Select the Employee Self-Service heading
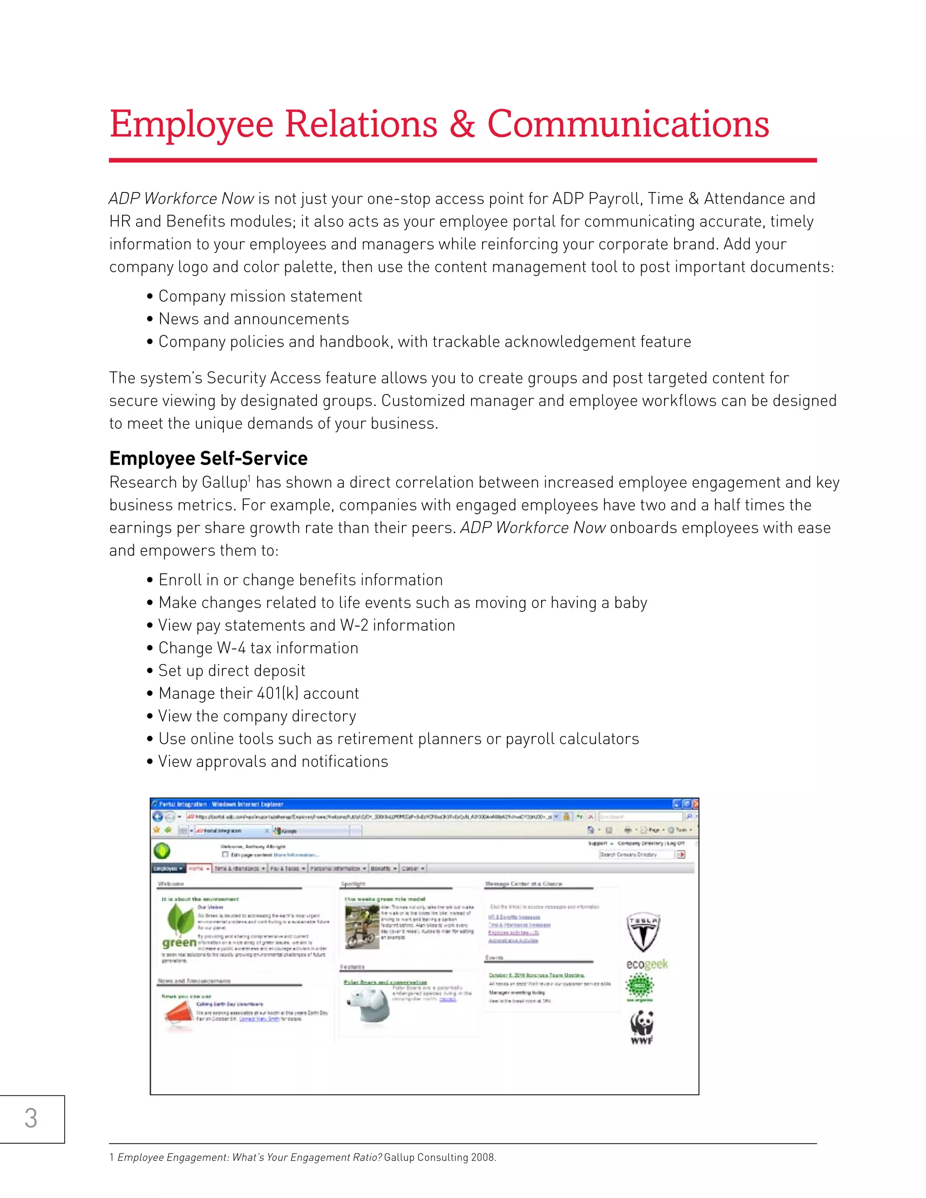[208, 458]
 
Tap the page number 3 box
[31, 1118]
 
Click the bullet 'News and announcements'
[254, 319]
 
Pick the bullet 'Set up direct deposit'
[231, 670]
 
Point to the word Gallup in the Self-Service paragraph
[225, 482]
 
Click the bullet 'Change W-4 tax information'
[258, 648]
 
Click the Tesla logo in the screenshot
[643, 933]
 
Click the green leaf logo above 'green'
[180, 920]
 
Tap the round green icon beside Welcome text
[162, 851]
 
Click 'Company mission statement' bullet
[260, 296]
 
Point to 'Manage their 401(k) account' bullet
[258, 693]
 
